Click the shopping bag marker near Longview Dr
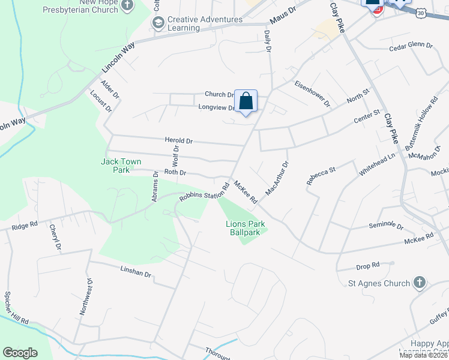(x=246, y=101)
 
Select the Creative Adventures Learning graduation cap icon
(x=158, y=23)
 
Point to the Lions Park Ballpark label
(x=246, y=228)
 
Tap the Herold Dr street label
(x=179, y=140)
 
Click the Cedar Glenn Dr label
(x=411, y=46)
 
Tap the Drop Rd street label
(x=368, y=265)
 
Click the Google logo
(x=20, y=353)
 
